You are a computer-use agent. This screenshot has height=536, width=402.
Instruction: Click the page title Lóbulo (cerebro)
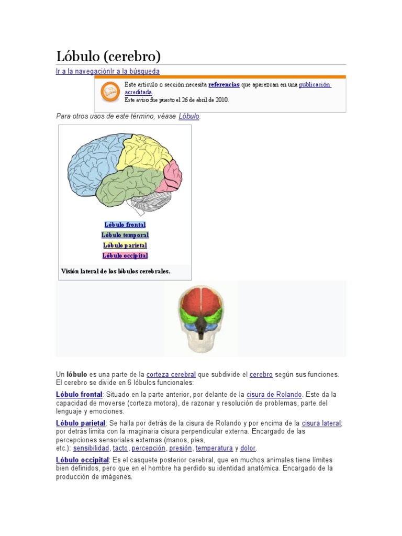coord(108,56)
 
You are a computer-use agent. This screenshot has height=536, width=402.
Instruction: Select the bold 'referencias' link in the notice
coord(224,84)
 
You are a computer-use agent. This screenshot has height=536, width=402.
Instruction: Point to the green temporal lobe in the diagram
coord(128,186)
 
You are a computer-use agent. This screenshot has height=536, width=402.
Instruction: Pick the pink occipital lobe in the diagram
coord(172,175)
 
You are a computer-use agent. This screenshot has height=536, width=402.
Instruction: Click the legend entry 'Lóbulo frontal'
coord(125,225)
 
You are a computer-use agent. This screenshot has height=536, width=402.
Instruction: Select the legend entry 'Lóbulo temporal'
coord(125,235)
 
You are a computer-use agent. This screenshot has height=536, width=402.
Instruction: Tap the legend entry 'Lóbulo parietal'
coord(125,245)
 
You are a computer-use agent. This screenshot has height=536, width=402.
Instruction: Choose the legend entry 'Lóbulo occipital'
coord(125,255)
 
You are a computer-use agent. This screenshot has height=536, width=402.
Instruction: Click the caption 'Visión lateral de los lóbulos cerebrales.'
coord(116,271)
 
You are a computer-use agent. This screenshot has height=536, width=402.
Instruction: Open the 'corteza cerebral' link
coord(171,375)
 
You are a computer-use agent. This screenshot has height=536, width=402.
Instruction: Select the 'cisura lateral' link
coord(321,423)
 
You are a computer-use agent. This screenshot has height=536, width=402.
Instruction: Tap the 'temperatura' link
coord(214,448)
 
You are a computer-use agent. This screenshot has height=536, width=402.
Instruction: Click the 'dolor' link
coord(248,448)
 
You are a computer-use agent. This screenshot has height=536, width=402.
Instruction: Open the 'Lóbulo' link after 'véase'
coord(189,116)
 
